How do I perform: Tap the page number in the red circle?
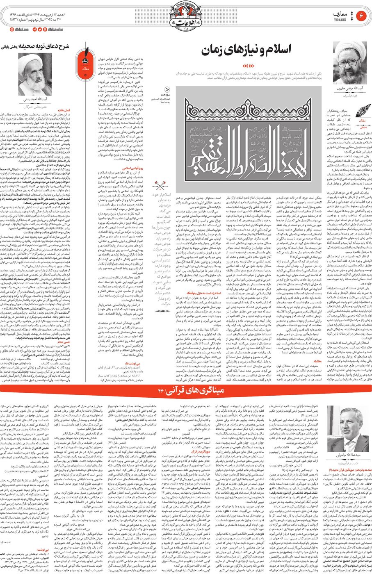pyautogui.click(x=362, y=16)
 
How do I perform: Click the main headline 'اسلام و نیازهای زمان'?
pyautogui.click(x=246, y=50)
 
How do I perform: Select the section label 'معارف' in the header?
pyautogui.click(x=340, y=14)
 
